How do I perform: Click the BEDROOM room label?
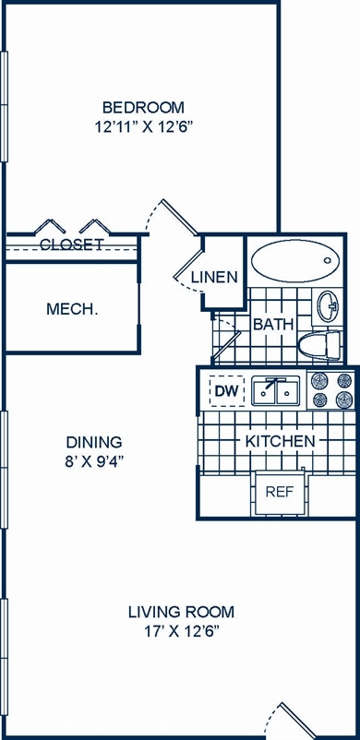(x=143, y=108)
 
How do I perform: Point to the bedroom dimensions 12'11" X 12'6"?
(x=144, y=127)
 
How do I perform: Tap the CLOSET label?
(x=72, y=245)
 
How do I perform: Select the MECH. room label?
(x=72, y=309)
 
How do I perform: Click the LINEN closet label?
(x=214, y=278)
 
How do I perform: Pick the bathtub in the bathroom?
(x=295, y=261)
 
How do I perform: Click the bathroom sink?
(x=328, y=306)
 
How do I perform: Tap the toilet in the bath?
(x=319, y=346)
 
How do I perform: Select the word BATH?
(x=273, y=325)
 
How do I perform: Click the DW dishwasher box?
(x=227, y=391)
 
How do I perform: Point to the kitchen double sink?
(x=275, y=391)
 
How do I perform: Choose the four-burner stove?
(x=331, y=389)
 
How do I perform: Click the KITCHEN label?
(x=281, y=442)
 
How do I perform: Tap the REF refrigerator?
(x=280, y=492)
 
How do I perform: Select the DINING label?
(x=94, y=442)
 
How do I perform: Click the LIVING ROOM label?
(x=182, y=612)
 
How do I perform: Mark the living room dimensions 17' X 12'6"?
(x=182, y=632)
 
